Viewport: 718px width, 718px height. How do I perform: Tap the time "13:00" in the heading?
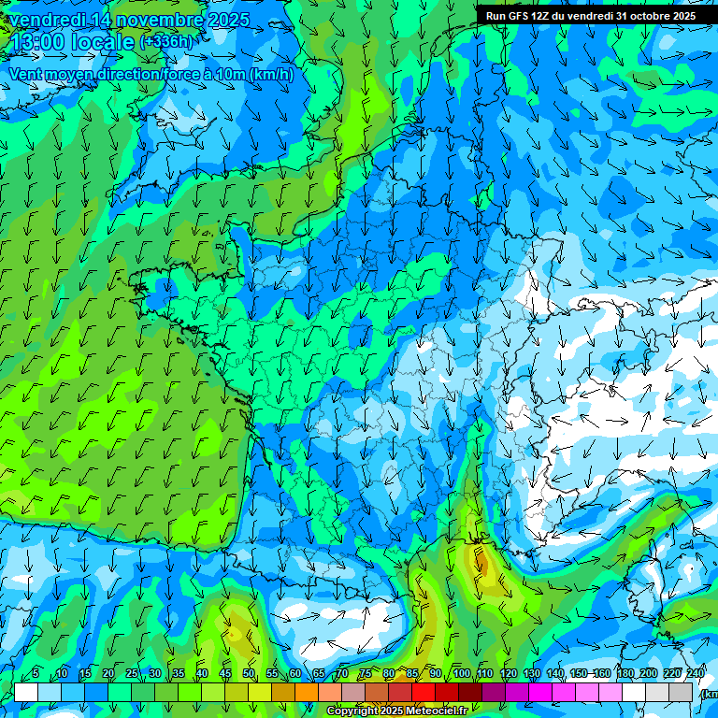pyautogui.click(x=42, y=42)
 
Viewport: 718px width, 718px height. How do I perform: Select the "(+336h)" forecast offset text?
pyautogui.click(x=165, y=42)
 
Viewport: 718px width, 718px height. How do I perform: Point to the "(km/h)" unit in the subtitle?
pyautogui.click(x=270, y=75)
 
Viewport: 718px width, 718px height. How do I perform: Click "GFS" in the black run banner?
pyautogui.click(x=520, y=16)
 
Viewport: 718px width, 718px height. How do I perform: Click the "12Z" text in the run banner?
pyautogui.click(x=542, y=16)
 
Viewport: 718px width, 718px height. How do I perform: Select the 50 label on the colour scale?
pyautogui.click(x=249, y=674)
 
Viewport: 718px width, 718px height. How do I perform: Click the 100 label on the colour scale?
pyautogui.click(x=461, y=674)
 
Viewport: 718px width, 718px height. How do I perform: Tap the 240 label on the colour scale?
pyautogui.click(x=696, y=674)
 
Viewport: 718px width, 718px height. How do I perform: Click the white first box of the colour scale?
pyautogui.click(x=26, y=692)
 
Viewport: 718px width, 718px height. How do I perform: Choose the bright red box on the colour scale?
pyautogui.click(x=424, y=692)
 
